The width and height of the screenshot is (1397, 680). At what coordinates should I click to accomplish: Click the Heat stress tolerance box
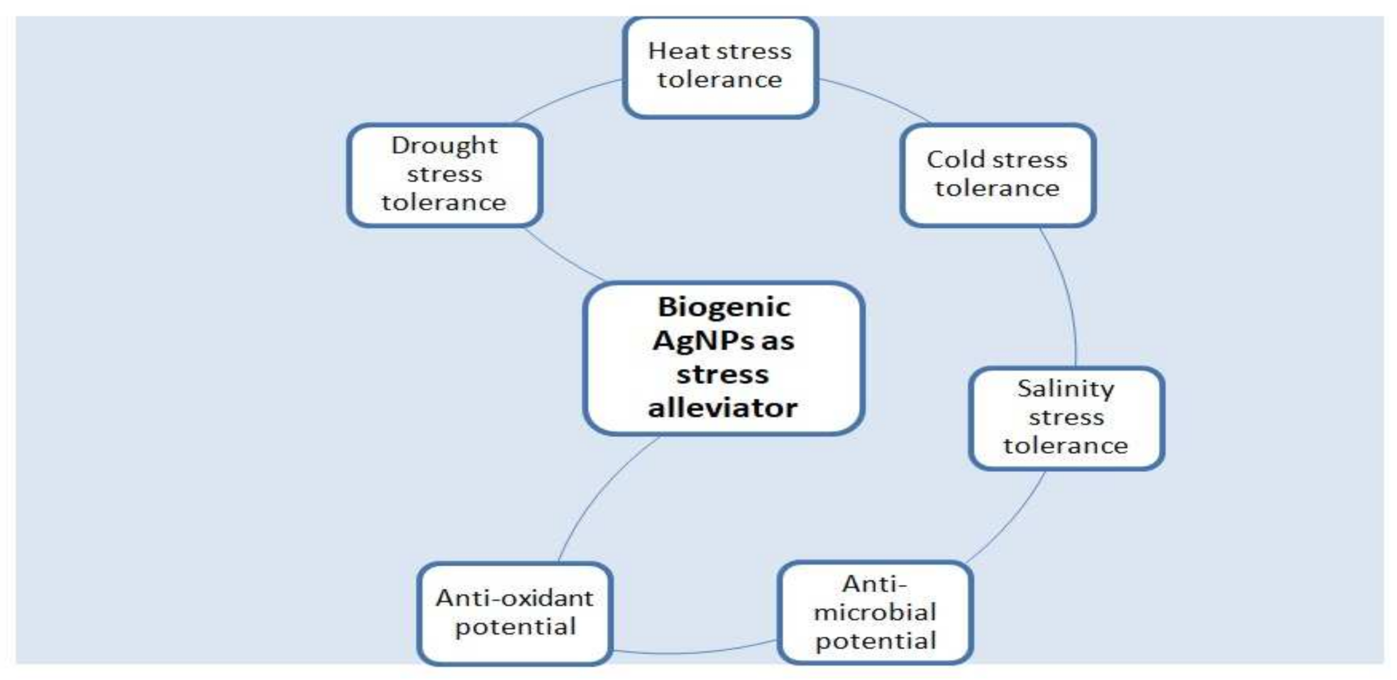(720, 67)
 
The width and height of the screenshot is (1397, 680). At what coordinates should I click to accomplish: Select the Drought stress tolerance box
(444, 175)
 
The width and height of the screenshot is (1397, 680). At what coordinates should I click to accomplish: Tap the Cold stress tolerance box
(998, 175)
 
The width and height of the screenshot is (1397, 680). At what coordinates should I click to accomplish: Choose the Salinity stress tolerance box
(1066, 418)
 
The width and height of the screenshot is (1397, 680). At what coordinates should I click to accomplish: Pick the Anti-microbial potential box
(875, 613)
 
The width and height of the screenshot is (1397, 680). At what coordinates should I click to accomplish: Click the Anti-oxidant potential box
(515, 613)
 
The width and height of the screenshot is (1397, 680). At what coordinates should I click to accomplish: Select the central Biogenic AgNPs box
(723, 358)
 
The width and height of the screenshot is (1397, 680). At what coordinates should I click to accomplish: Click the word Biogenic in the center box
(724, 307)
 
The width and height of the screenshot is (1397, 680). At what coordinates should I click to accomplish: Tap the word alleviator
(723, 408)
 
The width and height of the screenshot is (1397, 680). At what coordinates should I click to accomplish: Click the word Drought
(444, 146)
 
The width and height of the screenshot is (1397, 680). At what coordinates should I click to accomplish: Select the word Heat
(674, 51)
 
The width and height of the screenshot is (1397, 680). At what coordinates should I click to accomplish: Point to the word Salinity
(1066, 389)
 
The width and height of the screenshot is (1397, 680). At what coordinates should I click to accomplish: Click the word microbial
(875, 612)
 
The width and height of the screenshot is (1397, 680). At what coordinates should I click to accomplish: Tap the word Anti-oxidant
(514, 598)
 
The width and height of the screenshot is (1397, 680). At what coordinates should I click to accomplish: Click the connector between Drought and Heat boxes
(566, 97)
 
